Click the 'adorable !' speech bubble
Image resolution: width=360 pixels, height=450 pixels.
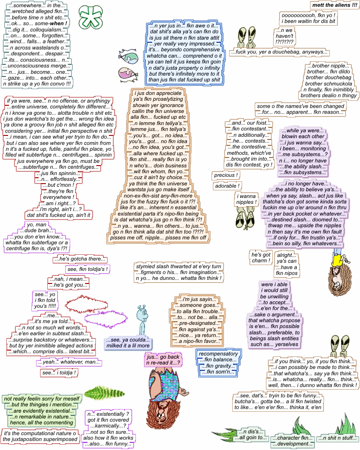point(227,186)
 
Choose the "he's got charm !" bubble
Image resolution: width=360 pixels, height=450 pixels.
point(261,258)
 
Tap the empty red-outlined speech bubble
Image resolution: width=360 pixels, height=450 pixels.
point(85,305)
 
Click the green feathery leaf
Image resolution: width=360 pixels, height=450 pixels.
point(98,392)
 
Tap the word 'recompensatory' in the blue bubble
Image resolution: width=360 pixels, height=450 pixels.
point(218,354)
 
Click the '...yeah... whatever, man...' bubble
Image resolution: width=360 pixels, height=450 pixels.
point(69,362)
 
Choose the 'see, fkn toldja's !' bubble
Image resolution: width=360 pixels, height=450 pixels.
point(88,270)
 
